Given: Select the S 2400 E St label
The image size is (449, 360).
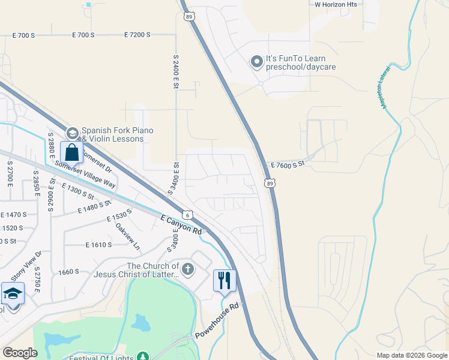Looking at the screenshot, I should coord(176,72).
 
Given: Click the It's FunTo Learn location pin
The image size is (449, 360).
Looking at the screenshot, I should coord(257,61).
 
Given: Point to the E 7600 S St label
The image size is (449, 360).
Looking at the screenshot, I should coord(288,164).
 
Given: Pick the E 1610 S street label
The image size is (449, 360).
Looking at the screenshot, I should coord(99,245).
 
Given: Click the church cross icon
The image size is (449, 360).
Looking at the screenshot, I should coord(188,269).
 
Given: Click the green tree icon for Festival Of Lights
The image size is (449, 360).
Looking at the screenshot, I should coord(143,356).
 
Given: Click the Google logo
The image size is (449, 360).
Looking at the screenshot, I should coord(20,353).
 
